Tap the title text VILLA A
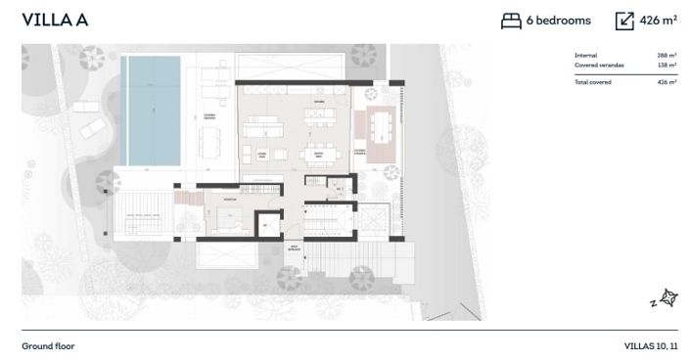(55, 21)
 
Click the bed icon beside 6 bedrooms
(511, 21)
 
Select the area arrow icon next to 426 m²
(624, 21)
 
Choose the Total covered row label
(594, 82)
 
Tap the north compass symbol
(668, 298)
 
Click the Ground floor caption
(48, 346)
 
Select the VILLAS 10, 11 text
(650, 346)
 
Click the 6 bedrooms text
(559, 21)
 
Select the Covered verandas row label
(599, 66)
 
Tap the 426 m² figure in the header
(659, 21)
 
